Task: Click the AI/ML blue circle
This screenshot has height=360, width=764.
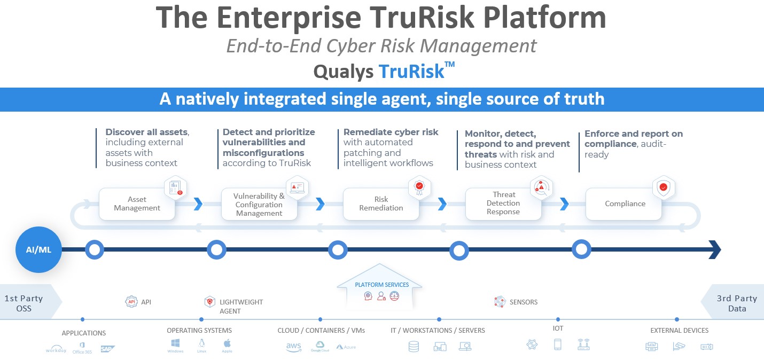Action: coord(38,249)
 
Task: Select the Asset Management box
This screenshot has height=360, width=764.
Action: coord(137,204)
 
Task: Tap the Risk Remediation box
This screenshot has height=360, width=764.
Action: coord(381,204)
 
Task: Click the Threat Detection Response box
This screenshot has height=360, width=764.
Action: coord(503,204)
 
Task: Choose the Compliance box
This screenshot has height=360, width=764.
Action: coord(625,204)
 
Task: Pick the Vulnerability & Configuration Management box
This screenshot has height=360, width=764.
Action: coord(259,205)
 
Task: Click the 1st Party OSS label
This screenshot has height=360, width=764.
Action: coord(24,303)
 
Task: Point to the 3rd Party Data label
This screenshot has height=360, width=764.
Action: coord(737,303)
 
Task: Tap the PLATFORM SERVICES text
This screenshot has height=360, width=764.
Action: coord(381,285)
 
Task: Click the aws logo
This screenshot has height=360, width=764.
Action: coord(294,347)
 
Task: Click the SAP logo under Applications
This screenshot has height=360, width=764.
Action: coord(108,349)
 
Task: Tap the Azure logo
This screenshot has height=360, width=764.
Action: coord(346,347)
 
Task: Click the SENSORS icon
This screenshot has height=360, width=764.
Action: coord(500,302)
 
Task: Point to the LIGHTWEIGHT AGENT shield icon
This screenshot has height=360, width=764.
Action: coord(210,302)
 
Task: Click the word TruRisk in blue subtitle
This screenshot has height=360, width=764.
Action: coord(412,72)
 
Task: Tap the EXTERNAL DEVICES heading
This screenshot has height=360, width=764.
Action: coord(679,331)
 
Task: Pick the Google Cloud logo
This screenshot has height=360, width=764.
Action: coord(319,347)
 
